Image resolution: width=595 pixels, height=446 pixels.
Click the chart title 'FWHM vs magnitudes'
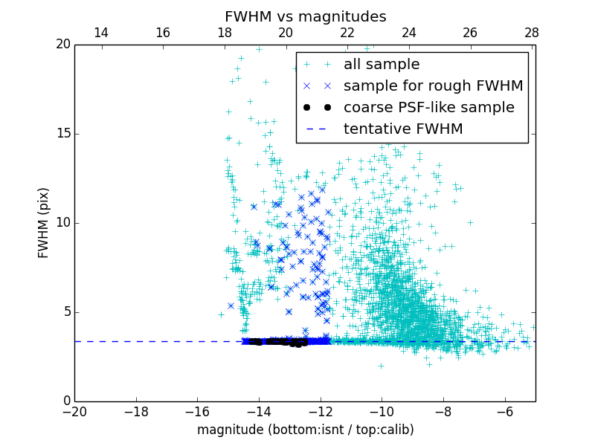(305, 16)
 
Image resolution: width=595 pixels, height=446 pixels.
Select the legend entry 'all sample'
(382, 65)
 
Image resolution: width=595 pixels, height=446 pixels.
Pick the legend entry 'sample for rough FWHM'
(433, 86)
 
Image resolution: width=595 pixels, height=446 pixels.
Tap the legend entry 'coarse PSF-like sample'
(428, 108)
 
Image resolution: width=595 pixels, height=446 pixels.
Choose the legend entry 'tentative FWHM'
(403, 129)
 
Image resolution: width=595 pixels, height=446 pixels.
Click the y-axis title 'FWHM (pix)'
(44, 223)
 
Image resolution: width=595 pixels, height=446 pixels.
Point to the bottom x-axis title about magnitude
(305, 430)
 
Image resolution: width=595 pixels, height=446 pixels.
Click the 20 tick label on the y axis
(62, 45)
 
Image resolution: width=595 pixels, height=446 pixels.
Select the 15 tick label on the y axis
(62, 134)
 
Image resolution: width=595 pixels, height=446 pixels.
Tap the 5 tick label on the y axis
(65, 312)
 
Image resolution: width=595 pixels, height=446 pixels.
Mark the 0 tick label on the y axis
(65, 401)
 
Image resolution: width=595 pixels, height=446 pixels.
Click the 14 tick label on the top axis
(101, 33)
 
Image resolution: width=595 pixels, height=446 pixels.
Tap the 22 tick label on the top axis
(347, 33)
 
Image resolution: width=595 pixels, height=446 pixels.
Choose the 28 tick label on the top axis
(532, 33)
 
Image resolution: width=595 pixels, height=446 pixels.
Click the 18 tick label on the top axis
(224, 33)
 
